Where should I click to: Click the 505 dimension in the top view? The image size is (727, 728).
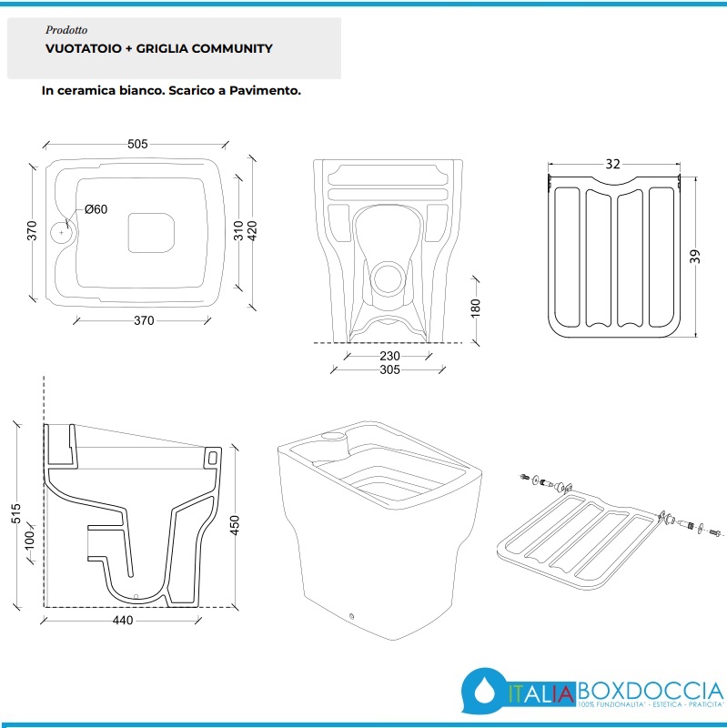coord(137,144)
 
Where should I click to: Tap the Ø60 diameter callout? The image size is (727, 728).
coord(96,209)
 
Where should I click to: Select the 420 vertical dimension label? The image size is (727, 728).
coord(252,231)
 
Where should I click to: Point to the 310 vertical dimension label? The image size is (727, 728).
coord(238,231)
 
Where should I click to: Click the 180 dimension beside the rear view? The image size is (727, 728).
coord(475,308)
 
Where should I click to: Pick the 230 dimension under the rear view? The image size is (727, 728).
coord(389,356)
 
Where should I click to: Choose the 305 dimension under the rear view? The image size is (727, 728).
coord(389,369)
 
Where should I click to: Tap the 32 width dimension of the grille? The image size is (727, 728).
coord(612,164)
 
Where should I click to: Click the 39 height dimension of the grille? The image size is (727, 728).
coord(694,257)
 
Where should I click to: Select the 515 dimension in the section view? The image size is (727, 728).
coord(15,513)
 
